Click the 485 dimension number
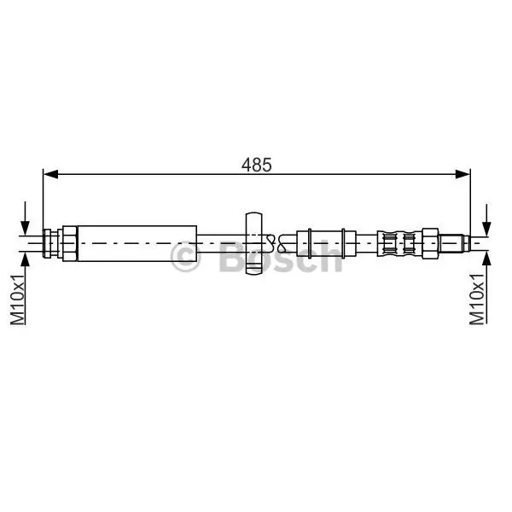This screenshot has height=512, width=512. click(256, 165)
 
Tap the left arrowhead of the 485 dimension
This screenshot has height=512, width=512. click(50, 174)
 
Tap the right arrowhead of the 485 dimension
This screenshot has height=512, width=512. click(463, 174)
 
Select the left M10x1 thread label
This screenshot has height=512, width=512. click(18, 300)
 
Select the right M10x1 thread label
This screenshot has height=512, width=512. click(477, 300)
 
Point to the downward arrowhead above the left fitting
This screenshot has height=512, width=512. click(25, 228)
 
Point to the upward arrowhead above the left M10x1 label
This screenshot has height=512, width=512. click(25, 259)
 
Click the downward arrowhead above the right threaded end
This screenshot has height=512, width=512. click(486, 228)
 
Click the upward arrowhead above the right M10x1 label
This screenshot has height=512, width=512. click(486, 259)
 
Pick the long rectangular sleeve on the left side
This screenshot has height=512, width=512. click(137, 243)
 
